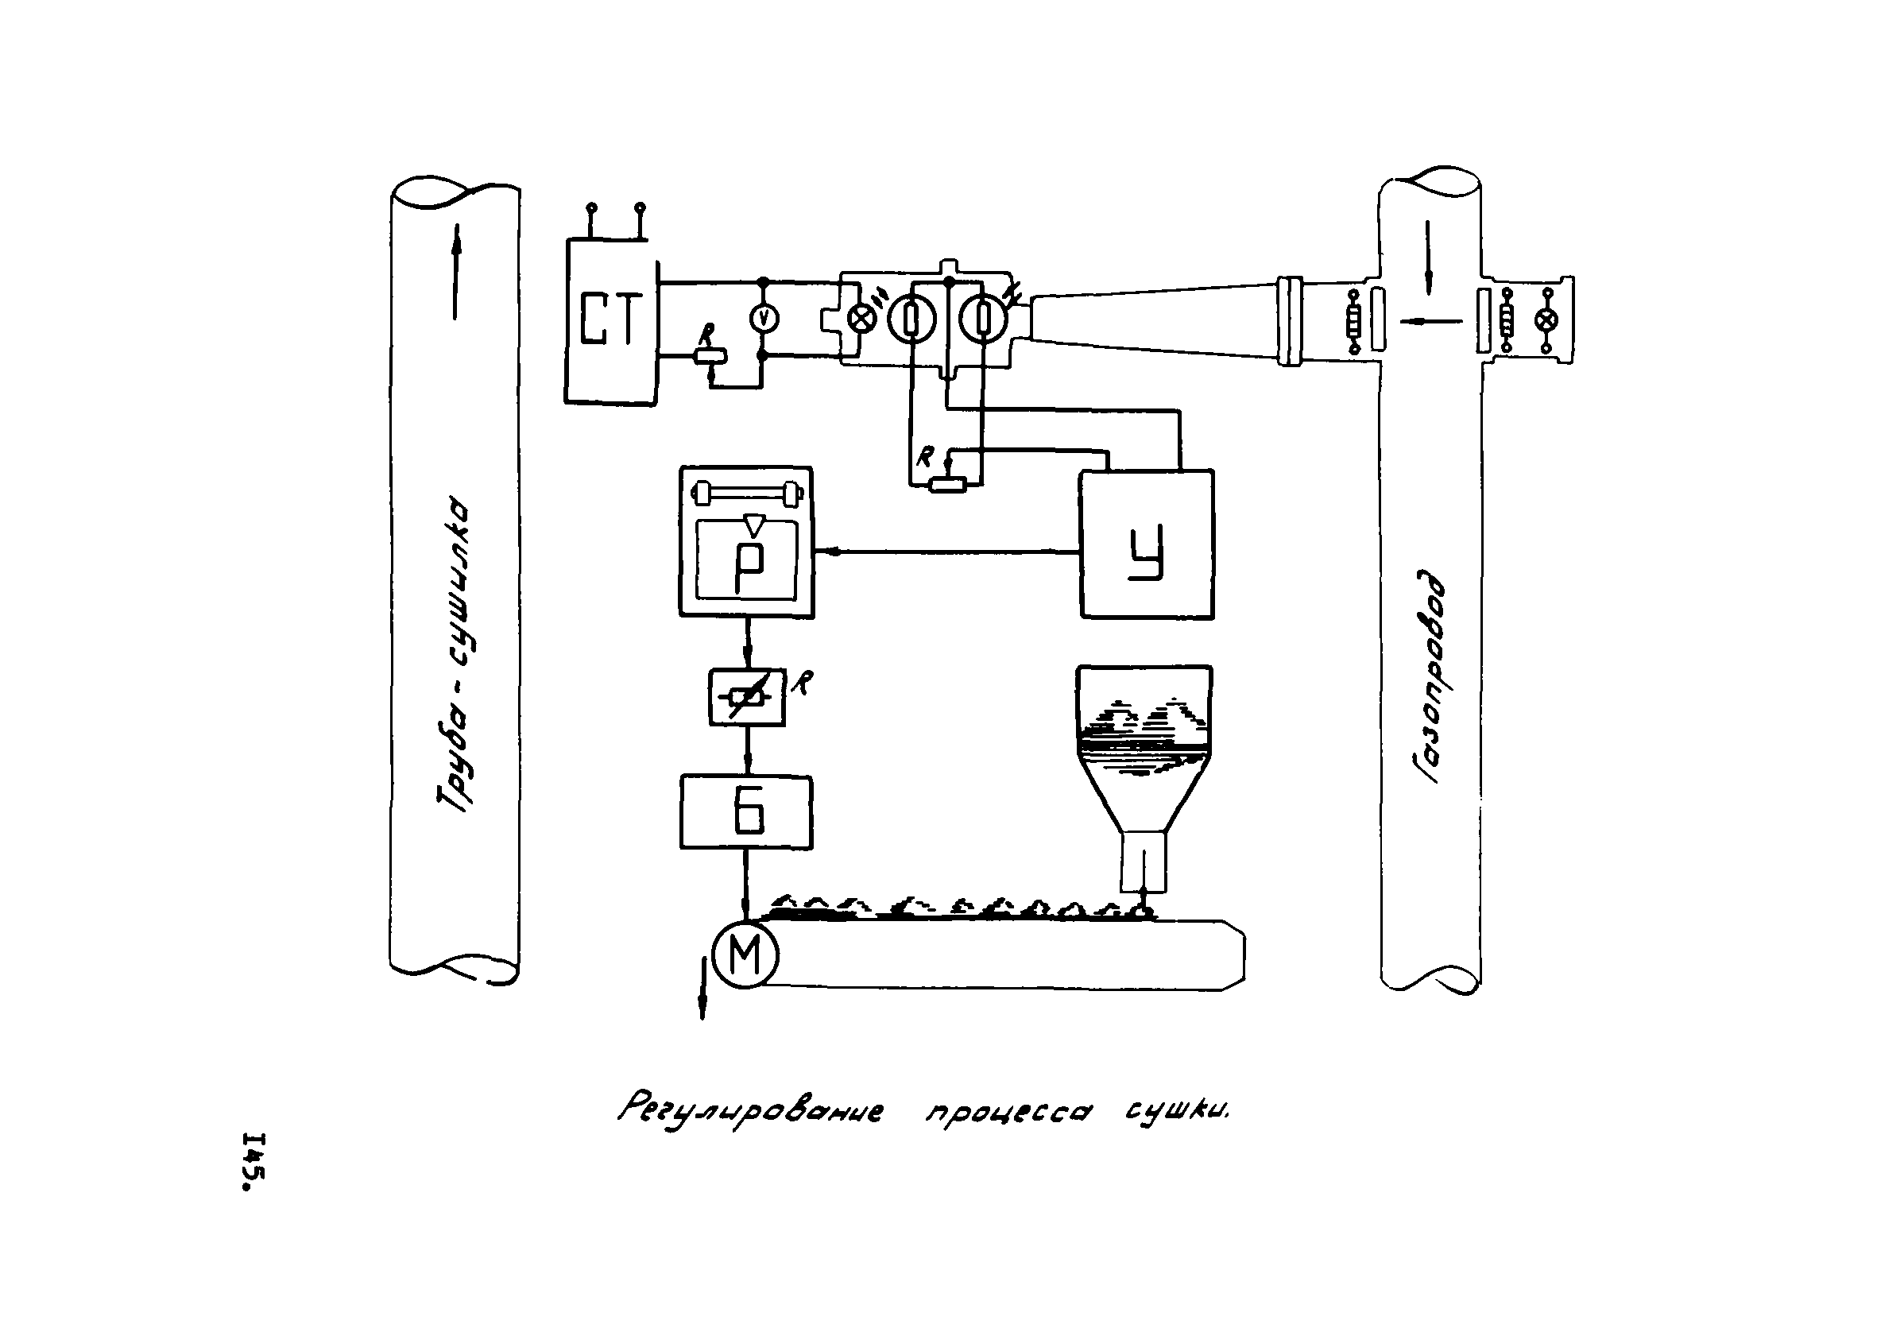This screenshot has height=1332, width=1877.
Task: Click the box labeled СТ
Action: tap(610, 321)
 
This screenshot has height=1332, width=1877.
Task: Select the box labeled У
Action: tap(1147, 544)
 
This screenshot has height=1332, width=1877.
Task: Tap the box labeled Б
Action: tap(746, 812)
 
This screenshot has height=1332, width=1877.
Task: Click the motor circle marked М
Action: tap(745, 955)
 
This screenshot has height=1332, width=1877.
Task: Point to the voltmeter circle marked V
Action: tap(764, 319)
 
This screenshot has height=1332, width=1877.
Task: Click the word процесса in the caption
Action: tap(1008, 1113)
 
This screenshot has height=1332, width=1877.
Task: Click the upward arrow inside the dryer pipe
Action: tap(455, 271)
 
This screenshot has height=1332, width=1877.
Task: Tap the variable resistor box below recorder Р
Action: tap(746, 697)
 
